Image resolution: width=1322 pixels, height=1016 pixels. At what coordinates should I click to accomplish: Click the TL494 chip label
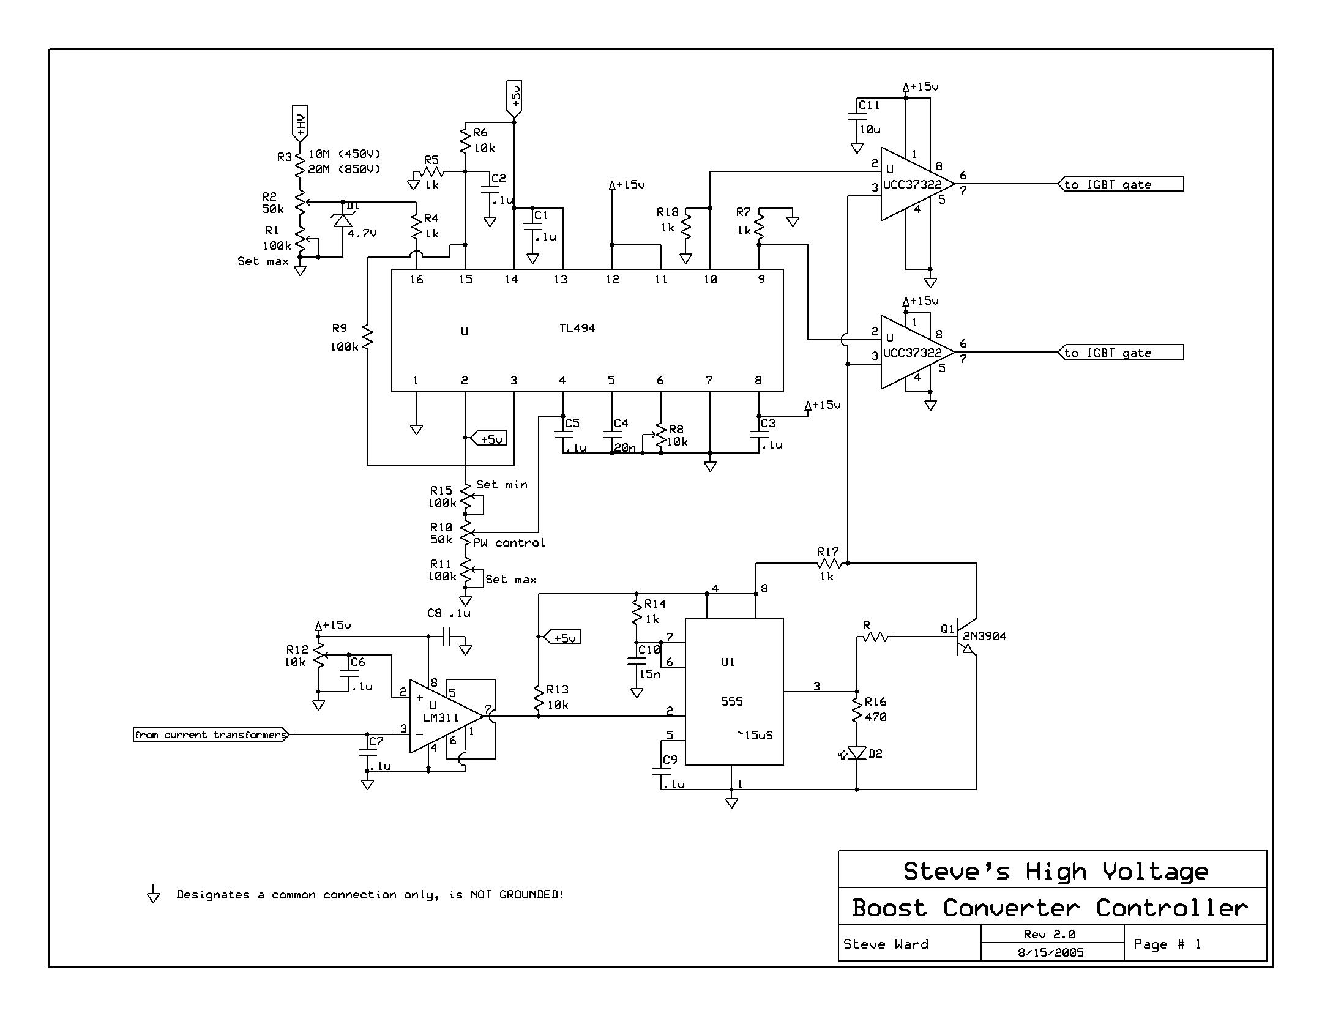577,329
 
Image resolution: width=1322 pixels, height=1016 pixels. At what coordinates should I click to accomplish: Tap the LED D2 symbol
857,753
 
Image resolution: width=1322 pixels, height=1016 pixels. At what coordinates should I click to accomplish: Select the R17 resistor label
827,551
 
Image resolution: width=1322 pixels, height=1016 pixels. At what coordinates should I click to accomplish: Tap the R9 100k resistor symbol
367,337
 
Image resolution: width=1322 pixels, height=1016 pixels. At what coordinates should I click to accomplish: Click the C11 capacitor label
868,105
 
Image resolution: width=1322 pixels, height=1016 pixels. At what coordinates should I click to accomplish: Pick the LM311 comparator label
440,717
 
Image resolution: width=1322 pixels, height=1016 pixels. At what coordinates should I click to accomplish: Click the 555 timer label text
731,701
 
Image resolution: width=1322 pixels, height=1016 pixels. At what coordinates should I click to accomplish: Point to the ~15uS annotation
755,735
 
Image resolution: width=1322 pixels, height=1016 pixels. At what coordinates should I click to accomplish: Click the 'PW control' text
509,543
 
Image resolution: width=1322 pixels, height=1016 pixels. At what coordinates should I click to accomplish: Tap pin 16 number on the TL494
416,280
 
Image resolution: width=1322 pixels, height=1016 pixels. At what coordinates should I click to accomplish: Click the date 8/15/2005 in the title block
1050,952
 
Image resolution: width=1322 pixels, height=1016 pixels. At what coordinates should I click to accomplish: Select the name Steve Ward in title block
885,944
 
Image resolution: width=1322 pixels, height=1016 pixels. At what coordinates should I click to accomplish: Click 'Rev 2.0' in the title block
1049,935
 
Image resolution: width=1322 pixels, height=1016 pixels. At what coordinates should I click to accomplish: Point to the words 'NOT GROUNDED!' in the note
517,895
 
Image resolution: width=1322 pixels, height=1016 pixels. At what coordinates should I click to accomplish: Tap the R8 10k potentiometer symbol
660,436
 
